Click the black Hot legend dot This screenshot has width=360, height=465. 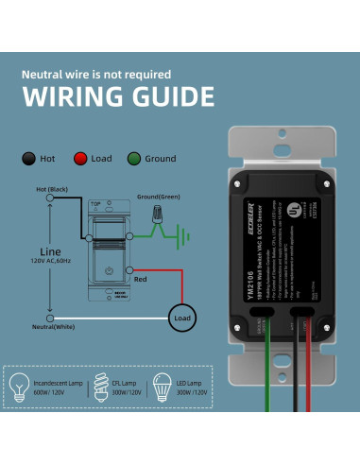[29, 160]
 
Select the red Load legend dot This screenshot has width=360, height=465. [80, 160]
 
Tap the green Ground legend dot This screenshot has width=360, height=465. [135, 160]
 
